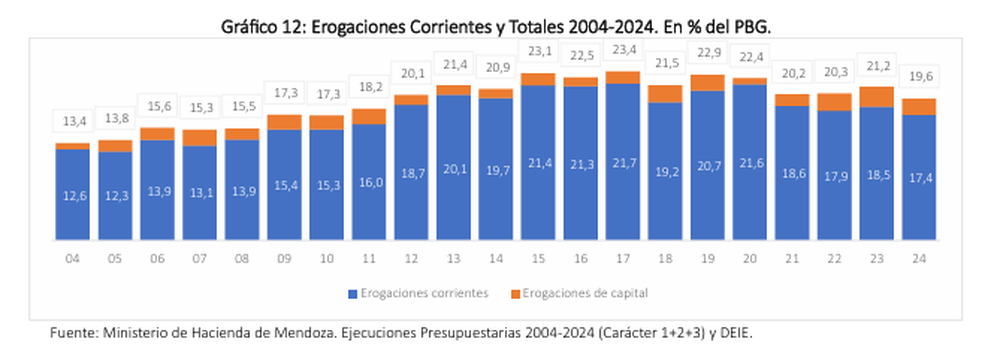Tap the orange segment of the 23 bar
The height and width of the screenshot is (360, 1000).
(877, 96)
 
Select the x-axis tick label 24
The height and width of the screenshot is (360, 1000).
(919, 257)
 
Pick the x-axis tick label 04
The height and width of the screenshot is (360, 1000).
(71, 257)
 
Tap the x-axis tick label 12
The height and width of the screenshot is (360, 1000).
(411, 257)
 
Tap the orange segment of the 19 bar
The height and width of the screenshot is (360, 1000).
(707, 83)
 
